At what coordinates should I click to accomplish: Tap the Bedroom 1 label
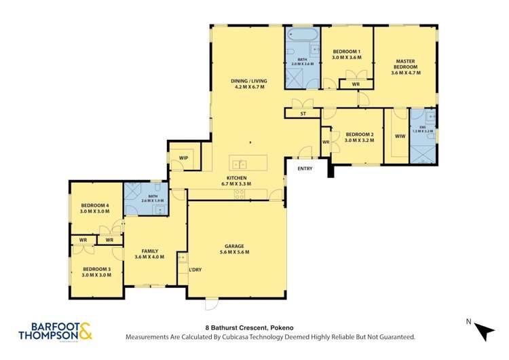[x=346, y=55]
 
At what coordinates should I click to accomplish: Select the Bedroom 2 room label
[x=359, y=137]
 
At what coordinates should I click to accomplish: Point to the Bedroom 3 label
[x=96, y=272]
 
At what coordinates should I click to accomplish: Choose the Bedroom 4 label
[x=96, y=208]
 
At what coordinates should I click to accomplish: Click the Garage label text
[x=235, y=249]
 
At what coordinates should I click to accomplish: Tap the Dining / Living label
[x=250, y=84]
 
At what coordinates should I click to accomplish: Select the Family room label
[x=150, y=254]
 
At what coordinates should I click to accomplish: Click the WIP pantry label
[x=183, y=158]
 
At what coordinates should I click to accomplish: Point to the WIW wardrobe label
[x=400, y=137]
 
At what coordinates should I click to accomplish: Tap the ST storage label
[x=303, y=114]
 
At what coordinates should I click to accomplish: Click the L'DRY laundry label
[x=195, y=270]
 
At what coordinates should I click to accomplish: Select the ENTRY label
[x=305, y=168]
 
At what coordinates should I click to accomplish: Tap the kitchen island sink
[x=238, y=163]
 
